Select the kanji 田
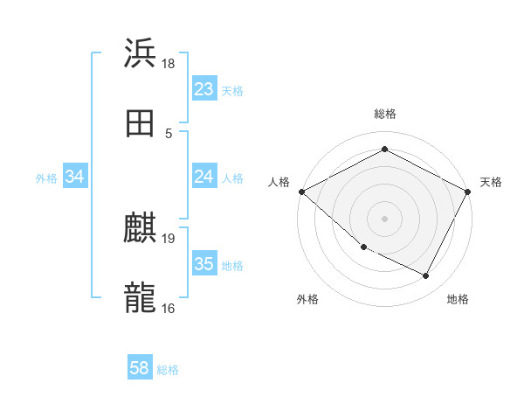140,122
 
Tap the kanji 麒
140,228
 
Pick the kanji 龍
140,298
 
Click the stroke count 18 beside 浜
169,63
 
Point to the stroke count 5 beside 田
169,133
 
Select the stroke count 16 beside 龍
169,308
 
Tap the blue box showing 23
203,89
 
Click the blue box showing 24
203,177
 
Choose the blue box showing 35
203,264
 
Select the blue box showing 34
75,177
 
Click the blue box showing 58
140,369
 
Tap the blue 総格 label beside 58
168,370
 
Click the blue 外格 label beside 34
46,178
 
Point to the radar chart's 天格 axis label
491,182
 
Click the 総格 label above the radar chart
384,114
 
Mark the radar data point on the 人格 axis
301,192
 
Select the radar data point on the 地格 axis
426,276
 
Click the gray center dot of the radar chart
384,219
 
